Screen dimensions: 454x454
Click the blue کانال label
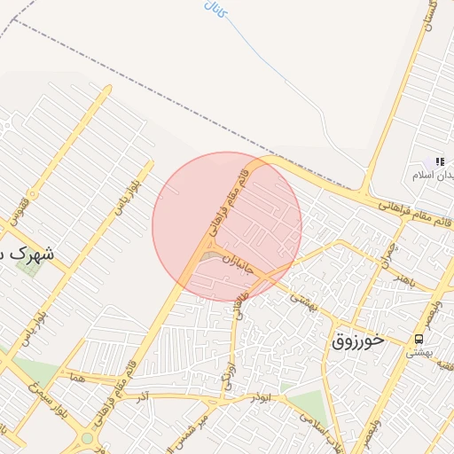(x=215, y=11)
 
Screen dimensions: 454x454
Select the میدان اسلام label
(x=434, y=176)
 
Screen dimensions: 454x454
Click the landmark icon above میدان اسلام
(x=439, y=161)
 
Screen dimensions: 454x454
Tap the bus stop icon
(x=419, y=340)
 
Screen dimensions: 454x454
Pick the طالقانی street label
(x=239, y=304)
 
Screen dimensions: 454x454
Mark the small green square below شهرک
(x=28, y=266)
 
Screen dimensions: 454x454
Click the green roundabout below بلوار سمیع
(x=87, y=438)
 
